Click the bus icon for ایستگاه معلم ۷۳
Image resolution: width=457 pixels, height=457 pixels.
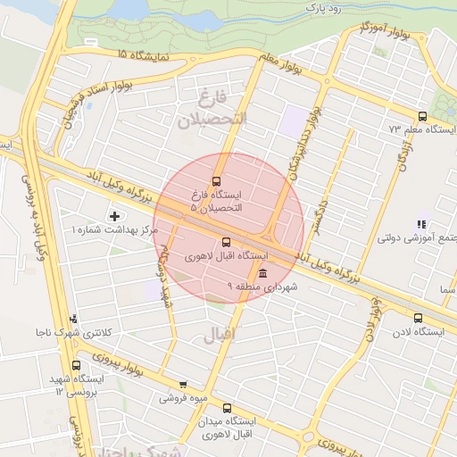pos(422,116)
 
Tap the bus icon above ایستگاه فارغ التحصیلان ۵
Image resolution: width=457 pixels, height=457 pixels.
pos(215,180)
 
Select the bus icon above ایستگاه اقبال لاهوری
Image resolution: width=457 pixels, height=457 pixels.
pos(225,241)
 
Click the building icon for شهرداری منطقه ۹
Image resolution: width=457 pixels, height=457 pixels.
pos(262,273)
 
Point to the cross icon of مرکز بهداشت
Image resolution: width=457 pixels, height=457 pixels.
pos(114,215)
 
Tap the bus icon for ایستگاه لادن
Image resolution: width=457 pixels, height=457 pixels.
pos(419,318)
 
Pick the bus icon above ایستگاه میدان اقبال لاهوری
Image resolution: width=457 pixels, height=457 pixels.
pos(227,407)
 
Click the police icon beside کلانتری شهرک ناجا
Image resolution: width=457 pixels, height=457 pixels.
pos(73,318)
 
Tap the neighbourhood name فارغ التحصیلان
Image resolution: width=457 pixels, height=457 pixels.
pos(211,108)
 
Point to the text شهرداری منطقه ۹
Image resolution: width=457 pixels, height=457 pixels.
pos(268,287)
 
